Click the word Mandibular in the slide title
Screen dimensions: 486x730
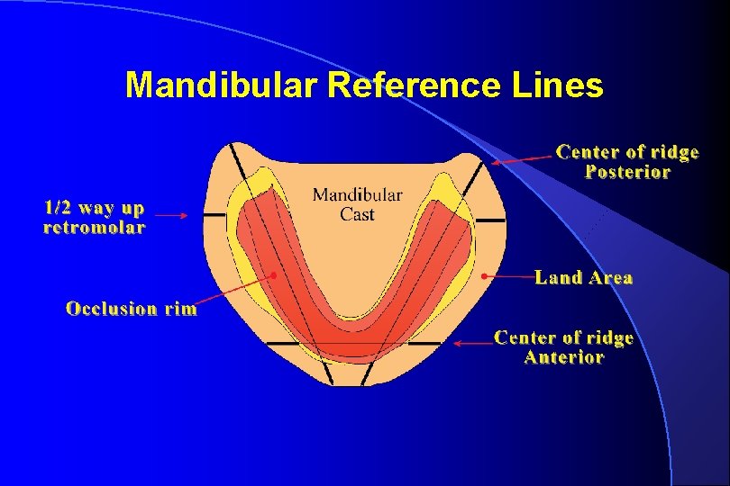[223, 85]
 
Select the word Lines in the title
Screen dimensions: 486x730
[558, 85]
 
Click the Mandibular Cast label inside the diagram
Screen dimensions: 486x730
[357, 204]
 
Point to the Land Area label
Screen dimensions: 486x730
[583, 278]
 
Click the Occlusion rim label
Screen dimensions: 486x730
[132, 309]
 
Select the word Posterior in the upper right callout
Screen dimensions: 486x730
[627, 172]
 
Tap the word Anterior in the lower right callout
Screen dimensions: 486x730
[563, 357]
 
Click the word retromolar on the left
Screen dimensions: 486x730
[94, 228]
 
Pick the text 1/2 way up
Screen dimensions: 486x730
[94, 208]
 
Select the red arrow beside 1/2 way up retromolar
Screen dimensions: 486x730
[171, 215]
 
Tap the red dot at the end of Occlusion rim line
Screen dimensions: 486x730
[272, 274]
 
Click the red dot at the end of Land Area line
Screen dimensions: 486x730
[484, 274]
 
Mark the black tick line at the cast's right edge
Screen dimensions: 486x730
[490, 219]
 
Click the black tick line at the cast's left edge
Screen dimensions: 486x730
[214, 216]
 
